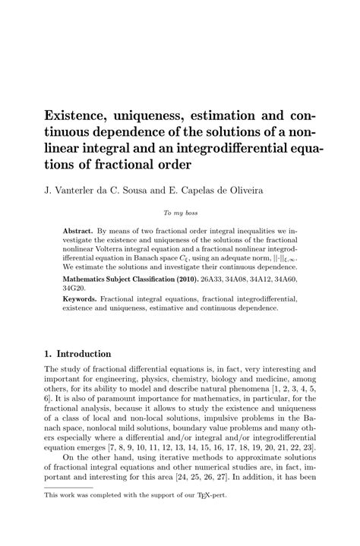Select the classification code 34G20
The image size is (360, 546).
click(x=74, y=289)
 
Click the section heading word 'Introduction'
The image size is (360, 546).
click(x=84, y=353)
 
